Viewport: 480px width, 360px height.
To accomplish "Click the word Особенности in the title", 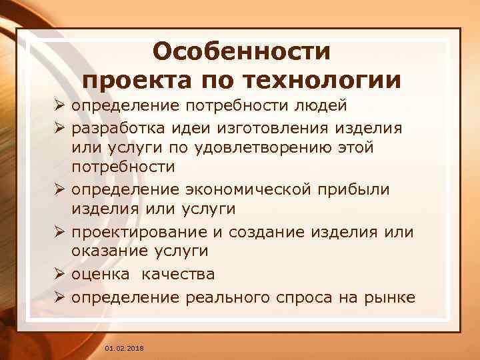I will (241, 51).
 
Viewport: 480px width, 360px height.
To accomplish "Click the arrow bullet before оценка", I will (61, 274).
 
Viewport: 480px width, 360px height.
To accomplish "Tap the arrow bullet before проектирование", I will (61, 232).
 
